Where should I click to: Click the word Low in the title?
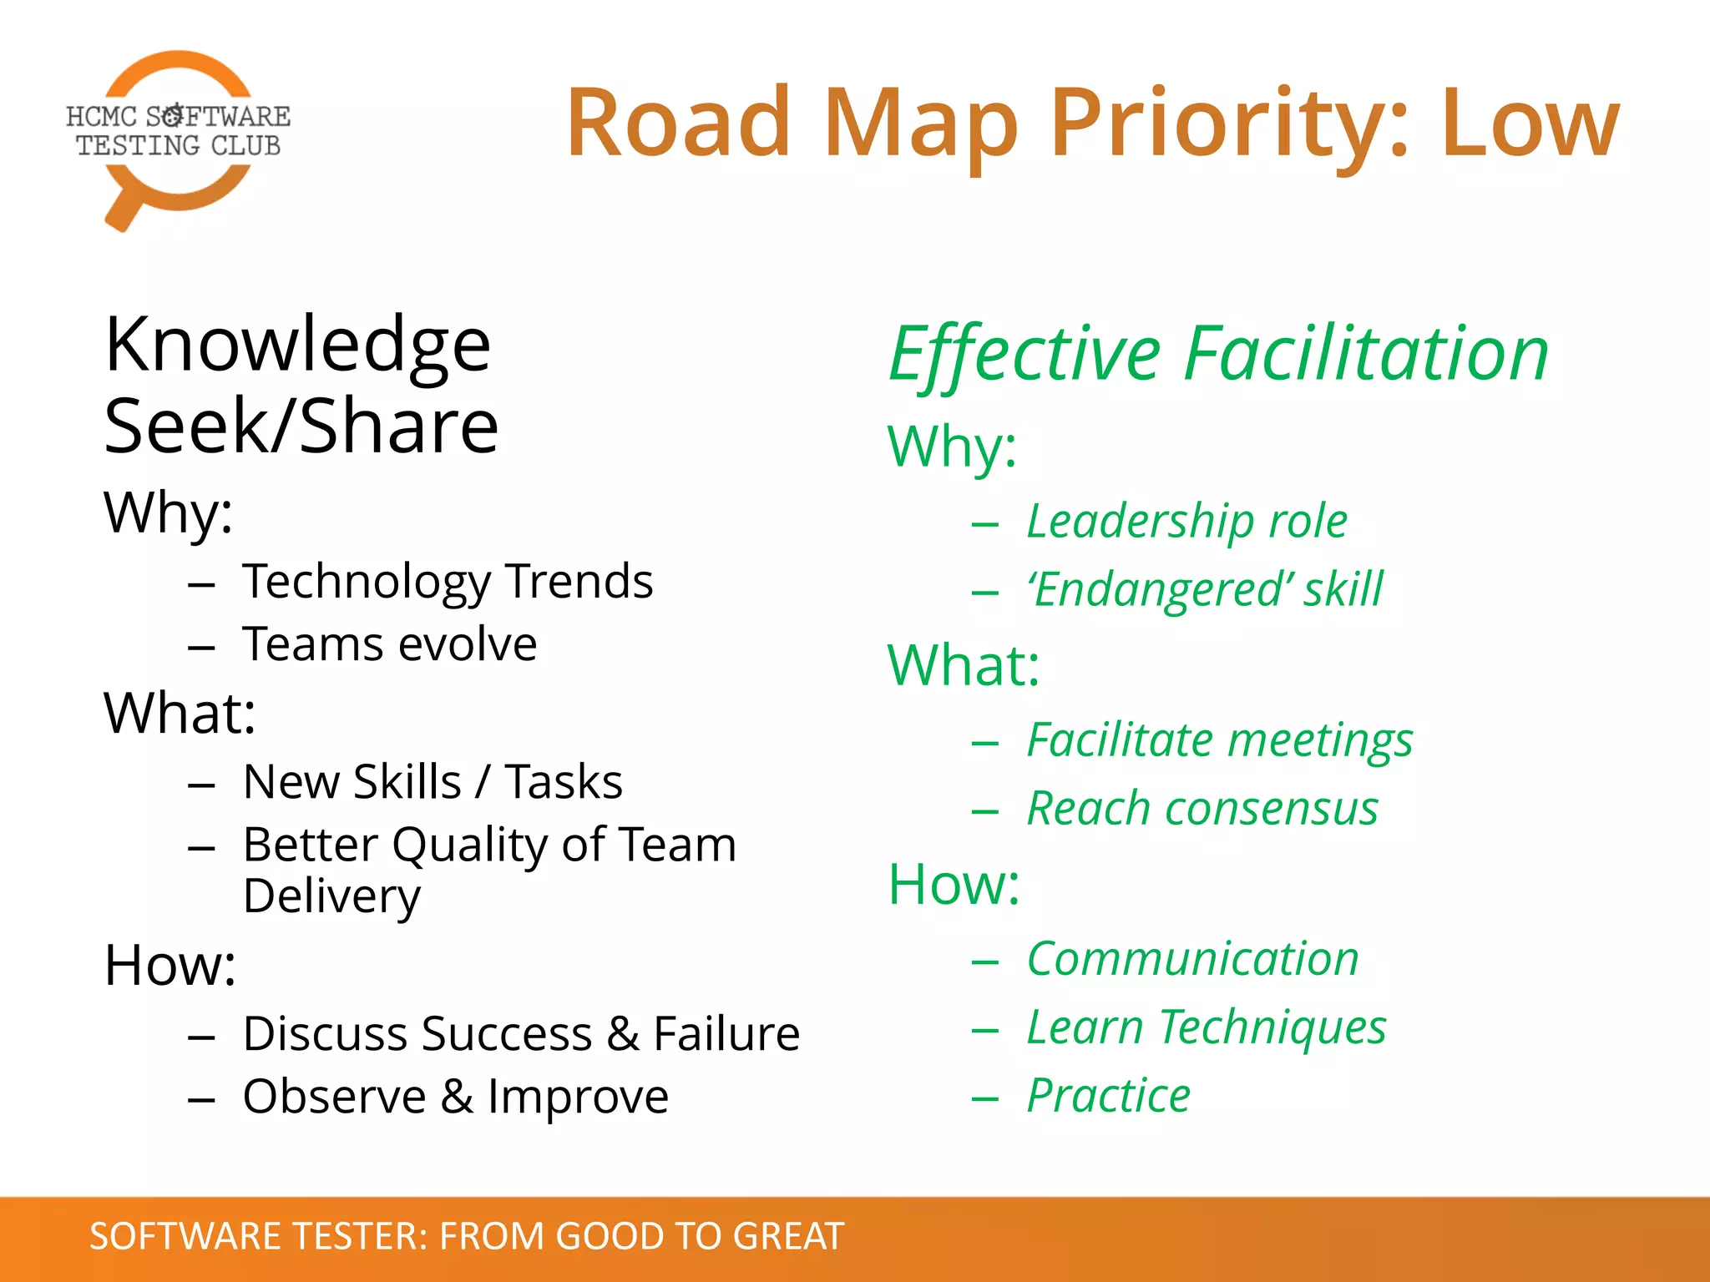(x=1529, y=124)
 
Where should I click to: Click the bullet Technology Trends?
(x=448, y=582)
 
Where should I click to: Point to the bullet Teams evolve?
(x=389, y=644)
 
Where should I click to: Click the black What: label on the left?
(x=180, y=714)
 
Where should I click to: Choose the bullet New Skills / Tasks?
(x=433, y=782)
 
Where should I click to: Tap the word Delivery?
(x=331, y=896)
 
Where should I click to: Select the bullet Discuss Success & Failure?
(x=521, y=1034)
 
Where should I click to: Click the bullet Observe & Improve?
(x=455, y=1097)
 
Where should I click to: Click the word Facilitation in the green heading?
(x=1366, y=355)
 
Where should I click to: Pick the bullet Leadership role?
(x=1186, y=522)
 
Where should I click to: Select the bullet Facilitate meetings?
(x=1219, y=741)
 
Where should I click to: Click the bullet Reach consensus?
(x=1202, y=809)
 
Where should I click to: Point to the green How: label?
(x=954, y=885)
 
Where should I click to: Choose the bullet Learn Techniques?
(x=1206, y=1027)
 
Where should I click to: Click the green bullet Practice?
(x=1108, y=1096)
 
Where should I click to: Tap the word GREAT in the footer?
(x=788, y=1236)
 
